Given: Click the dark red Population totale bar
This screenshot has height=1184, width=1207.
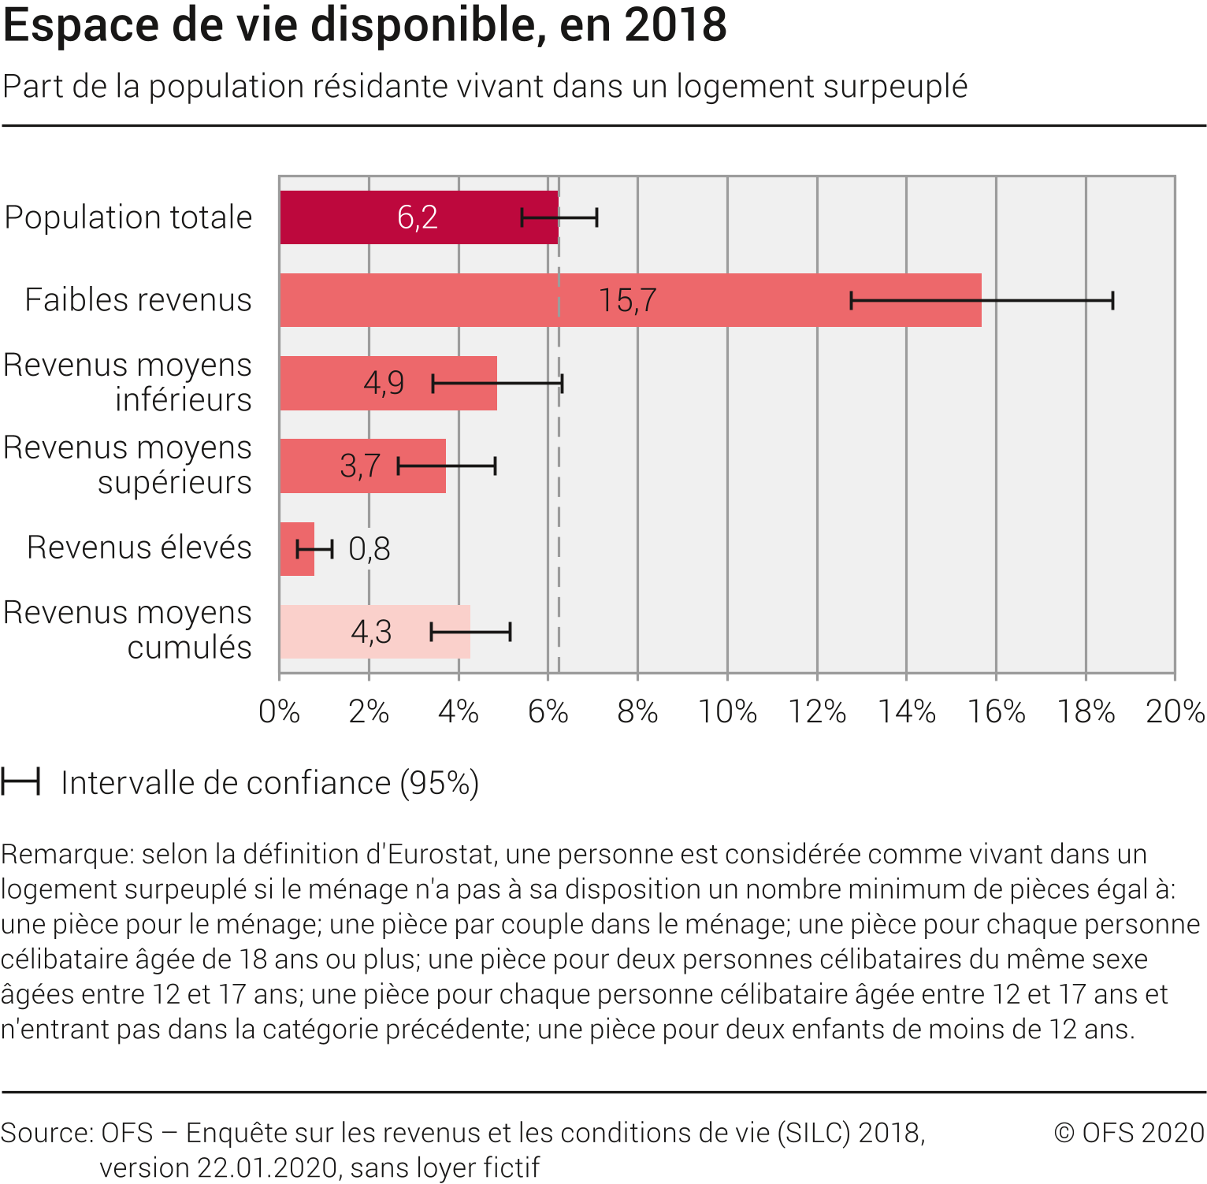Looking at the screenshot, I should pos(355,217).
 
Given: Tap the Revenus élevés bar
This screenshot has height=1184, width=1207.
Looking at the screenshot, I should pos(297,549).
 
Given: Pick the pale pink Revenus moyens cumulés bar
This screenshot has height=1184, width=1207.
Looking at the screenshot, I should pos(315,632).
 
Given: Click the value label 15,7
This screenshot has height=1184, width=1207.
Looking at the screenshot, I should pos(627,300).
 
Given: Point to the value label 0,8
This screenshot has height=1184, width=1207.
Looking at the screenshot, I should pos(369,549).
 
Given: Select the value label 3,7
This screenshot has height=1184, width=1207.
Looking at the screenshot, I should pos(360,466).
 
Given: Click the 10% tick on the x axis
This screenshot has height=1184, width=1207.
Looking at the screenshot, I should pos(727,712).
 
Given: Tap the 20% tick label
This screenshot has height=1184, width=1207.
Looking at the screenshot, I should pos(1175,712).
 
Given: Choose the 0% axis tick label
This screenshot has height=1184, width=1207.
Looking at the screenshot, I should pos(280,712).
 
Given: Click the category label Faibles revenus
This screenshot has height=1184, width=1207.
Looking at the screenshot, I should pos(138,300).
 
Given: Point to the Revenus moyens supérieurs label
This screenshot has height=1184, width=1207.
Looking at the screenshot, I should pos(128,465).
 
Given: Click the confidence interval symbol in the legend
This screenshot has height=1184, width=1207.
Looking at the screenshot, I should pos(20,783).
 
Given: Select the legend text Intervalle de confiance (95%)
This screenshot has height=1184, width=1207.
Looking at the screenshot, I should pos(270,783).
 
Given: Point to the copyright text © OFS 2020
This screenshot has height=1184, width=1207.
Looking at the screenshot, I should pos(1129,1133).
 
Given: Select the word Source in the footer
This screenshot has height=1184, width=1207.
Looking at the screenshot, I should pos(44,1133).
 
